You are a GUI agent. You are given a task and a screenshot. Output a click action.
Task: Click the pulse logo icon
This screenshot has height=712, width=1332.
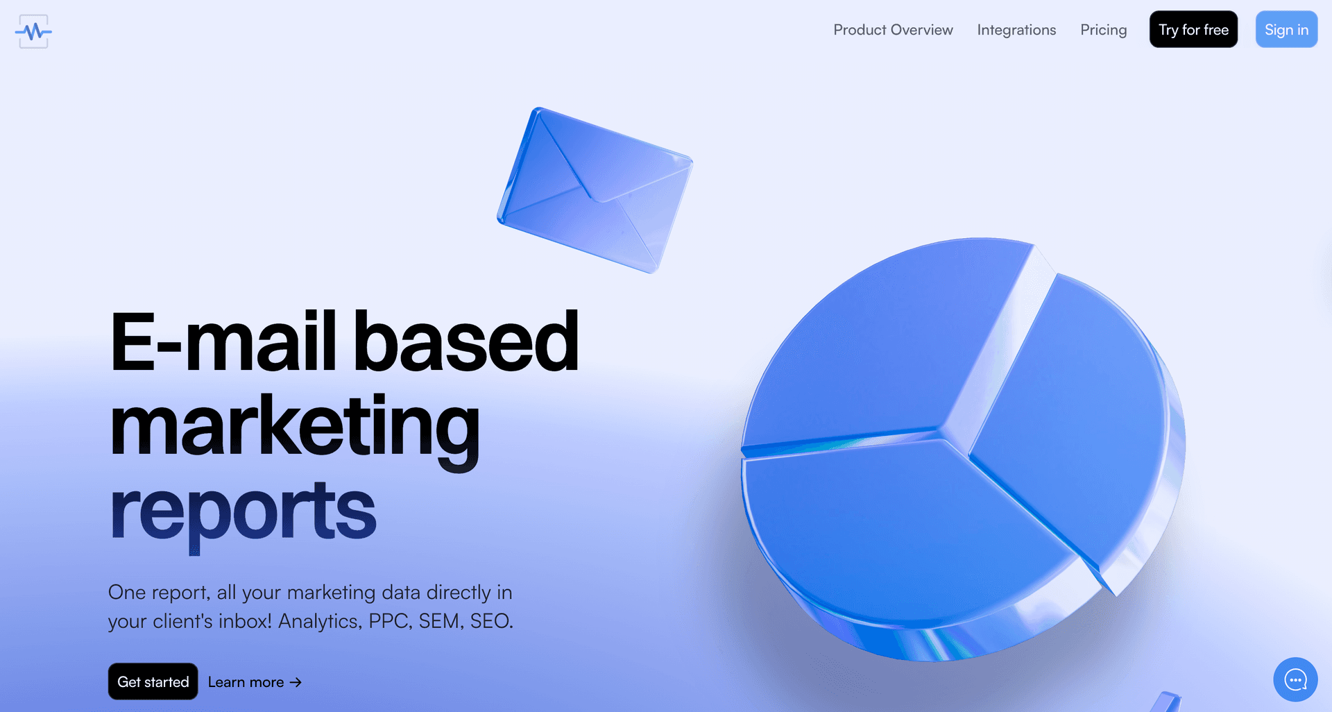point(33,31)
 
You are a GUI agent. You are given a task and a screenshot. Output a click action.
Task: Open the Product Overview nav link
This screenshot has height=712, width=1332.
point(893,30)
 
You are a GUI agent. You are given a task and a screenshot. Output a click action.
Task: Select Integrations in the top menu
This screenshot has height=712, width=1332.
point(1016,30)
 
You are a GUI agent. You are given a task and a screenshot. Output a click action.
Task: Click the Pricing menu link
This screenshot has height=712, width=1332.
point(1103,30)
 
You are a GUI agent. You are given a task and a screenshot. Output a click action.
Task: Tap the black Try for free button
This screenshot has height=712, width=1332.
point(1193,29)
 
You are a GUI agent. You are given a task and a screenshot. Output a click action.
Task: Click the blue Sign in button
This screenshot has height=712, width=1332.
point(1286,29)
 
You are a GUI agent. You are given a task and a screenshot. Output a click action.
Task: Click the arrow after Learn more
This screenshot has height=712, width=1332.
point(296,682)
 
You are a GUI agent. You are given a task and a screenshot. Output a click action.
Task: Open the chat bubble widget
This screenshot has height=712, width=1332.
point(1295,679)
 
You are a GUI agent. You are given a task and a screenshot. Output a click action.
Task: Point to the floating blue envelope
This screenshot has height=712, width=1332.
point(595,190)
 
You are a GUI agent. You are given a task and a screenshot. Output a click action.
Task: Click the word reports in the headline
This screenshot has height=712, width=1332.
point(243,512)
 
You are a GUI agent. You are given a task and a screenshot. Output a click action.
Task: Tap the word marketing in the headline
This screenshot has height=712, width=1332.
point(295,427)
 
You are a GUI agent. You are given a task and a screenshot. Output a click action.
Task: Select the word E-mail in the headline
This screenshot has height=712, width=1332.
point(223,341)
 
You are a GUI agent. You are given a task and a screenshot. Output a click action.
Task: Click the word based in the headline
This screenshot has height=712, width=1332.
point(466,341)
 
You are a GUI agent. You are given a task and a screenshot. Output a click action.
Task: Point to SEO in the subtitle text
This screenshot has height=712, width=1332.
point(491,621)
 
